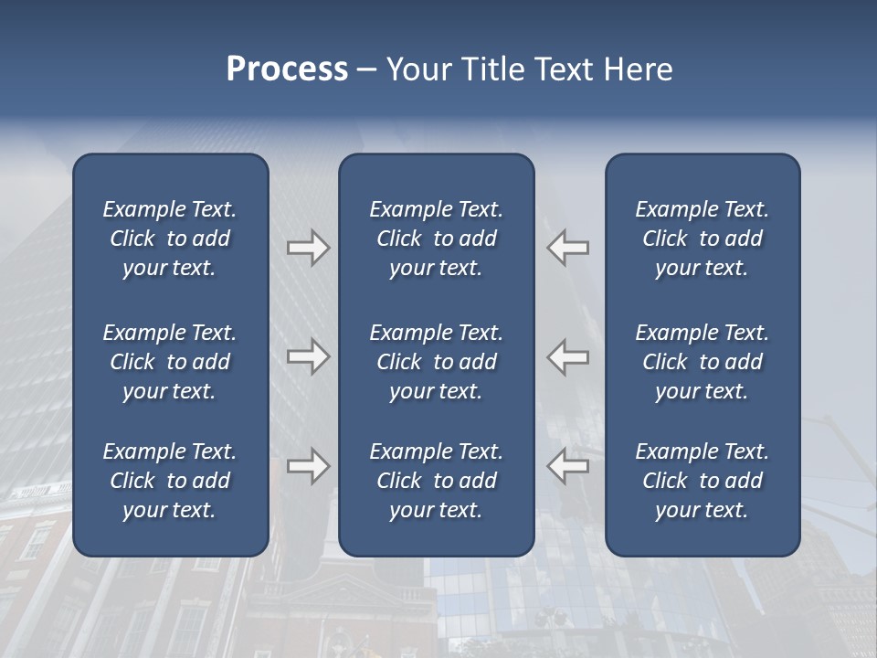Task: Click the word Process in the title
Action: coord(287,69)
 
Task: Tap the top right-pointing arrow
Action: coord(308,248)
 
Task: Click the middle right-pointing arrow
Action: coord(308,356)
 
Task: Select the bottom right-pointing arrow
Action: coord(308,466)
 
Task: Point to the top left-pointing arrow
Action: coord(568,248)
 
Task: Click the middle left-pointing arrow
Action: coord(568,356)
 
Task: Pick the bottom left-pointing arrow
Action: coord(568,466)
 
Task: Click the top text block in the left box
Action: coord(170,239)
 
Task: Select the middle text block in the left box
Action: coord(170,362)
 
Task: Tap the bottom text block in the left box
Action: coord(170,481)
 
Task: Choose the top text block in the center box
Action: coord(436,239)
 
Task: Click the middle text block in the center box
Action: coord(436,362)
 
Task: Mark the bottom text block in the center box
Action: coord(436,481)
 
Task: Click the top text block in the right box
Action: coord(702,239)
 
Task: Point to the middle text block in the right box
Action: coord(702,362)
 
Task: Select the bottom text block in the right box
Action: coord(702,481)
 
